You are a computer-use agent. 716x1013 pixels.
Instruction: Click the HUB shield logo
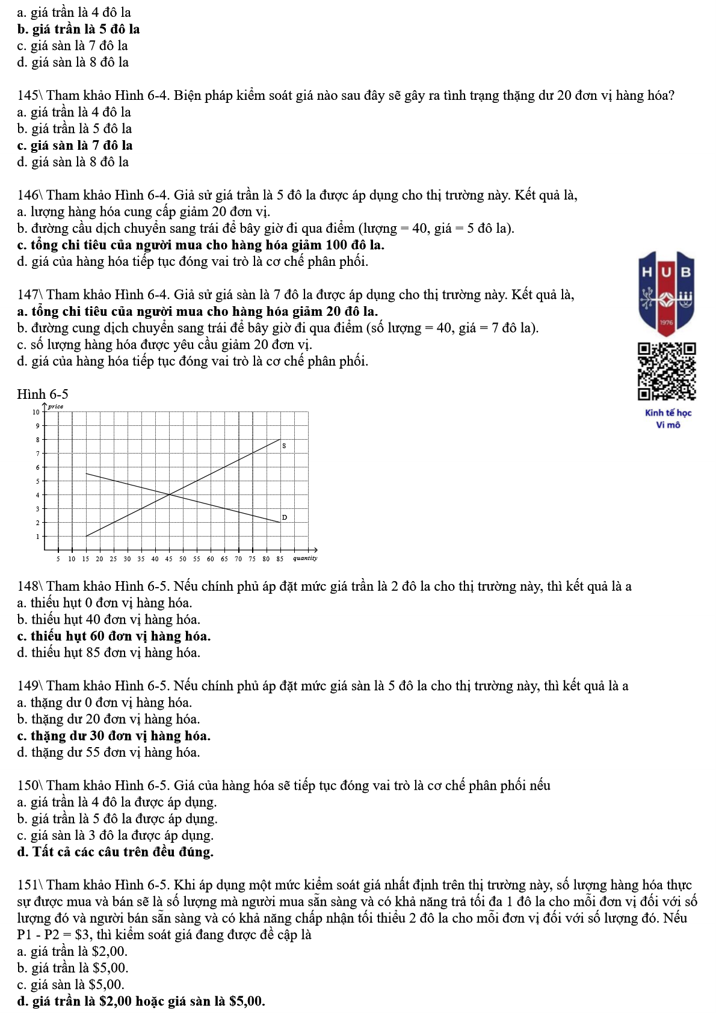(667, 294)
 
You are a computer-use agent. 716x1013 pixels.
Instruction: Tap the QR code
(667, 371)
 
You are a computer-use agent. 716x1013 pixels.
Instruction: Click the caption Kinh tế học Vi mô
(668, 419)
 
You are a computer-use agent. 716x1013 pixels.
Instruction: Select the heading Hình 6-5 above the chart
(43, 395)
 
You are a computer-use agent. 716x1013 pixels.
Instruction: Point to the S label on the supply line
(284, 446)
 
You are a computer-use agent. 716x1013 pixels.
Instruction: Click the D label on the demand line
(285, 517)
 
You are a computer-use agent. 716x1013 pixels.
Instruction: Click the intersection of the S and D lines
(169, 494)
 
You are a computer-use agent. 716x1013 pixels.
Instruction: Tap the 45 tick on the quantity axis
(169, 559)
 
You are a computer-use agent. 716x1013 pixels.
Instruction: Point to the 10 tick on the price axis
(36, 412)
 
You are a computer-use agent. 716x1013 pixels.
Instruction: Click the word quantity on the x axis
(304, 558)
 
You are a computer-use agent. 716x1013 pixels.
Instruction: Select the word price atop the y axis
(55, 407)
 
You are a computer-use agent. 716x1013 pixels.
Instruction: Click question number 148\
(30, 587)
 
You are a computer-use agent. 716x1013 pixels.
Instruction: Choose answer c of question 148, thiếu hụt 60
(114, 636)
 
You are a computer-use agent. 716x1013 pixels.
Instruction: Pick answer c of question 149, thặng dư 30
(114, 736)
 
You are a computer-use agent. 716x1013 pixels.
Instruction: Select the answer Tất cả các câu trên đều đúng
(116, 852)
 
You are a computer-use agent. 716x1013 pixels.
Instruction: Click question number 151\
(30, 885)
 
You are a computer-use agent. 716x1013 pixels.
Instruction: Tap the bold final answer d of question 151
(141, 1002)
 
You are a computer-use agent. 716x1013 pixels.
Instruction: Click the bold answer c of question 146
(201, 245)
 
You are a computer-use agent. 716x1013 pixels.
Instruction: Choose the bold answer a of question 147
(198, 312)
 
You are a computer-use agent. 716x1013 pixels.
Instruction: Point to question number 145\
(30, 96)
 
